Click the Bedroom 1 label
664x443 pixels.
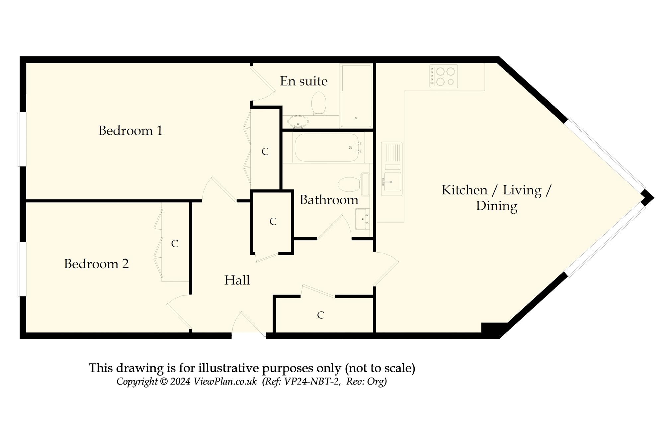coord(130,131)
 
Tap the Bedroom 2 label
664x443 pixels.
coord(96,264)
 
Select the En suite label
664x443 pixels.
coord(304,81)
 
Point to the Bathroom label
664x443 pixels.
coord(329,200)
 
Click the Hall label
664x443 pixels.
coord(237,280)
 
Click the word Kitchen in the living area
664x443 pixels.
coord(464,190)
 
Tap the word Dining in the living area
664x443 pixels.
coord(497,206)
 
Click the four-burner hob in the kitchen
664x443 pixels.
coord(444,76)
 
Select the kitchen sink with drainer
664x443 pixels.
coord(392,169)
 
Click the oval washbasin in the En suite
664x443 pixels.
coord(298,122)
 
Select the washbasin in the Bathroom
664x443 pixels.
coord(363,219)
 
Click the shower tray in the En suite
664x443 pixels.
coord(356,96)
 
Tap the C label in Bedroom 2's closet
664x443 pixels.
coord(175,244)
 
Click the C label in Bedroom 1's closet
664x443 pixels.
coord(265,152)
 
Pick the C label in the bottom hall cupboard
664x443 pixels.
coord(320,315)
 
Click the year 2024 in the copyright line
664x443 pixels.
coord(180,382)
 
